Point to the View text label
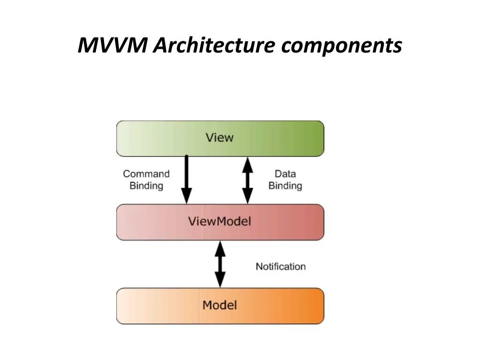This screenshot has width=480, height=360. [219, 138]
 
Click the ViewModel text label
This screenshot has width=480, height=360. [219, 221]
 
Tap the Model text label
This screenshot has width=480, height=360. [219, 305]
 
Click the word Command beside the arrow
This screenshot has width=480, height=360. [146, 174]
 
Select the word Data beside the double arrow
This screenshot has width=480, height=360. [285, 174]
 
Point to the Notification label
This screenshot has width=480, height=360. [280, 266]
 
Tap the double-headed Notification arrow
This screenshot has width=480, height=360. [219, 264]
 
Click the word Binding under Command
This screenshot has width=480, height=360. [146, 186]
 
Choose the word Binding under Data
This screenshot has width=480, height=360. [285, 186]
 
